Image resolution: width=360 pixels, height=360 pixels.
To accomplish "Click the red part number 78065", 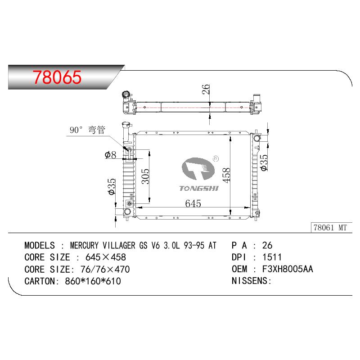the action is click(x=57, y=77).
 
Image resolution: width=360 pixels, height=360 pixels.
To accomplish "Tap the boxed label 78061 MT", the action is click(x=330, y=228).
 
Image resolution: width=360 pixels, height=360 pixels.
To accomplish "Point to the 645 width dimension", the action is click(x=193, y=203).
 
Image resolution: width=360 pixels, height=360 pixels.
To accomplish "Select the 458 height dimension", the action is click(x=226, y=175).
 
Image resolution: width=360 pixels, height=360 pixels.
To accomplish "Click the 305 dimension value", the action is click(x=145, y=176).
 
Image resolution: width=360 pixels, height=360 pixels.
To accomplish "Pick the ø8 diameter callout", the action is click(x=110, y=155).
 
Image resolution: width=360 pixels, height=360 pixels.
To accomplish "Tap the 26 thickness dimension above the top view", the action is click(x=206, y=89).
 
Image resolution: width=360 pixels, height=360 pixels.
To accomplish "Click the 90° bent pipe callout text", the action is click(x=87, y=130).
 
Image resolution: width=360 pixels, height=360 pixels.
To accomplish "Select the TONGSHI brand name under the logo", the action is click(x=199, y=189).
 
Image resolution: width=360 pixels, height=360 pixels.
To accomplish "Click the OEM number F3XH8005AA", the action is click(x=288, y=269).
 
